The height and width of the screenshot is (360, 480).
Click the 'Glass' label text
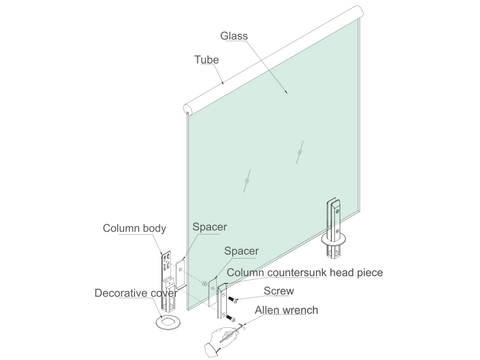point(234,36)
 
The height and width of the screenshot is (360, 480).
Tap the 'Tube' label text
point(207,60)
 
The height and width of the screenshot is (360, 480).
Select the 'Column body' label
point(135,228)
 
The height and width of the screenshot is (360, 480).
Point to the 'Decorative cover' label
point(136,293)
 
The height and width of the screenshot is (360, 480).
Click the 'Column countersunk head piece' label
point(305,272)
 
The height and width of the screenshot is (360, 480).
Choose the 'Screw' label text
point(279,291)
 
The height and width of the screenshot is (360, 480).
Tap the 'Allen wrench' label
point(286,310)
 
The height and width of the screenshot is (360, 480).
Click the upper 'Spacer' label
point(210,227)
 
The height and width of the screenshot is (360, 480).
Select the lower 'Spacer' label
point(242,251)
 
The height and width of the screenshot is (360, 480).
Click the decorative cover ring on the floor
point(168,322)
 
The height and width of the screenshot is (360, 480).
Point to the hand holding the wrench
point(220,340)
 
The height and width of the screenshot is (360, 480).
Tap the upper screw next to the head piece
point(233,300)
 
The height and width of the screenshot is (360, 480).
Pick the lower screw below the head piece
point(232,319)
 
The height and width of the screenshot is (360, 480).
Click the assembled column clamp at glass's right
point(333,230)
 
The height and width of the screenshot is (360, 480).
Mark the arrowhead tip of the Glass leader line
point(287,93)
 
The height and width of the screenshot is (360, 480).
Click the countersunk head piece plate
point(223,301)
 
